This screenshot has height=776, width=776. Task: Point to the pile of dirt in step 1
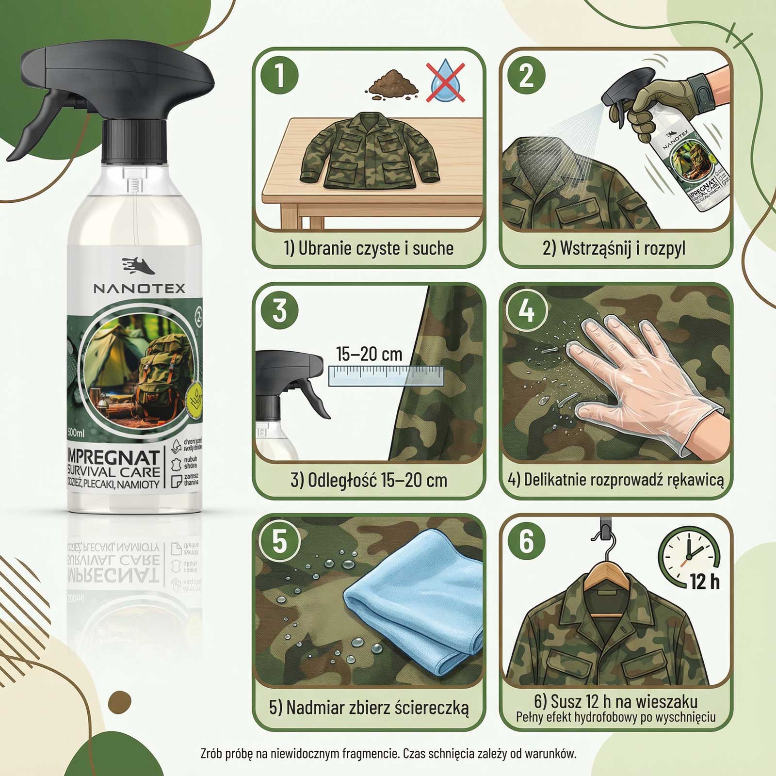tap(393, 83)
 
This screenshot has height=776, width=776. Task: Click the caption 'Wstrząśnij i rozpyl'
tap(614, 248)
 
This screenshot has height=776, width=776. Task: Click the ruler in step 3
tap(386, 376)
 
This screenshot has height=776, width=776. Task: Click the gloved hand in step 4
tap(640, 383)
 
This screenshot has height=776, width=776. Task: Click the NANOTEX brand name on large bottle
tap(139, 289)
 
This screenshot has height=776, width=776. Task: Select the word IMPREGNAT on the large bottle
tap(113, 457)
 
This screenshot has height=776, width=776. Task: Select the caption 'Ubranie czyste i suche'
tap(369, 248)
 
